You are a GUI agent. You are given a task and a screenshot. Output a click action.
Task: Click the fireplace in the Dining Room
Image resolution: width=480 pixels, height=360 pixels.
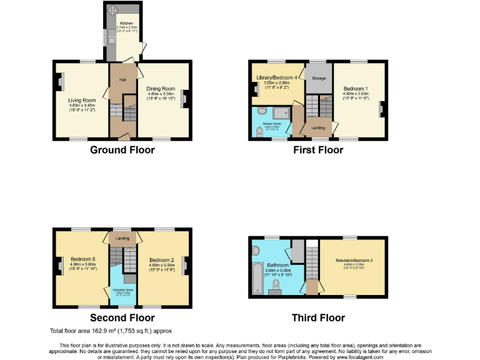click(x=186, y=99)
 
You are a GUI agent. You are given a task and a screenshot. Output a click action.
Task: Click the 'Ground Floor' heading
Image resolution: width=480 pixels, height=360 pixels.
click(x=122, y=150)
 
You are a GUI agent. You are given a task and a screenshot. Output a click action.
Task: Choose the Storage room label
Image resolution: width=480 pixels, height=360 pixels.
click(x=319, y=78)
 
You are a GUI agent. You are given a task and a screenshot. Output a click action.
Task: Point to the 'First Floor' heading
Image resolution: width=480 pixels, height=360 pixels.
click(x=318, y=150)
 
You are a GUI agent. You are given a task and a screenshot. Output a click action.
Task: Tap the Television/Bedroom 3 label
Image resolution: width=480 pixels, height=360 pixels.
click(x=354, y=259)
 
